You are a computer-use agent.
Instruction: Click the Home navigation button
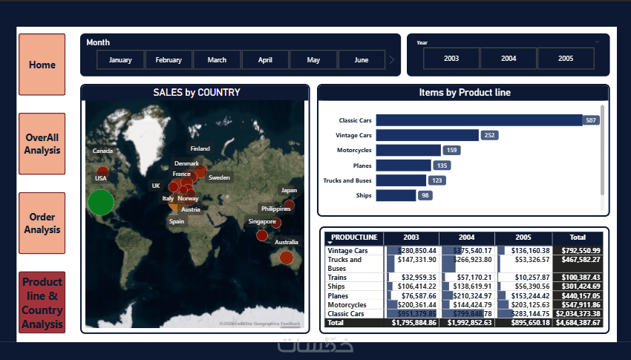42,65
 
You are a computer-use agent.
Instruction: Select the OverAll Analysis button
42,144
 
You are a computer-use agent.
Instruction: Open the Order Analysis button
42,223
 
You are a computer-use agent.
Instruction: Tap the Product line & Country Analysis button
42,303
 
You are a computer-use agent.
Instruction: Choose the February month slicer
169,60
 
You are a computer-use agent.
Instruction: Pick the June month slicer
362,60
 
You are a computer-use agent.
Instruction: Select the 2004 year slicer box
509,58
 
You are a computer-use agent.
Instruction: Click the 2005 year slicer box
566,58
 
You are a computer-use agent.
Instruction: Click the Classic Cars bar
479,120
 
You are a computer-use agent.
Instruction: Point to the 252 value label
489,135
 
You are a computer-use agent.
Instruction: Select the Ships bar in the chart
396,195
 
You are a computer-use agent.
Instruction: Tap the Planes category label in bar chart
362,166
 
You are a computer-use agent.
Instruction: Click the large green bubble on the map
101,202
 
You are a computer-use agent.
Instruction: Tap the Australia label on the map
287,242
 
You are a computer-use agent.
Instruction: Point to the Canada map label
102,151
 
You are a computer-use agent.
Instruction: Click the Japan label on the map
289,190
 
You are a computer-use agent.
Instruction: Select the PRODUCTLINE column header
354,238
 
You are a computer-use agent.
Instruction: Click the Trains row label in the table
338,277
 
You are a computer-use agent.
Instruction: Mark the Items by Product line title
464,93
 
